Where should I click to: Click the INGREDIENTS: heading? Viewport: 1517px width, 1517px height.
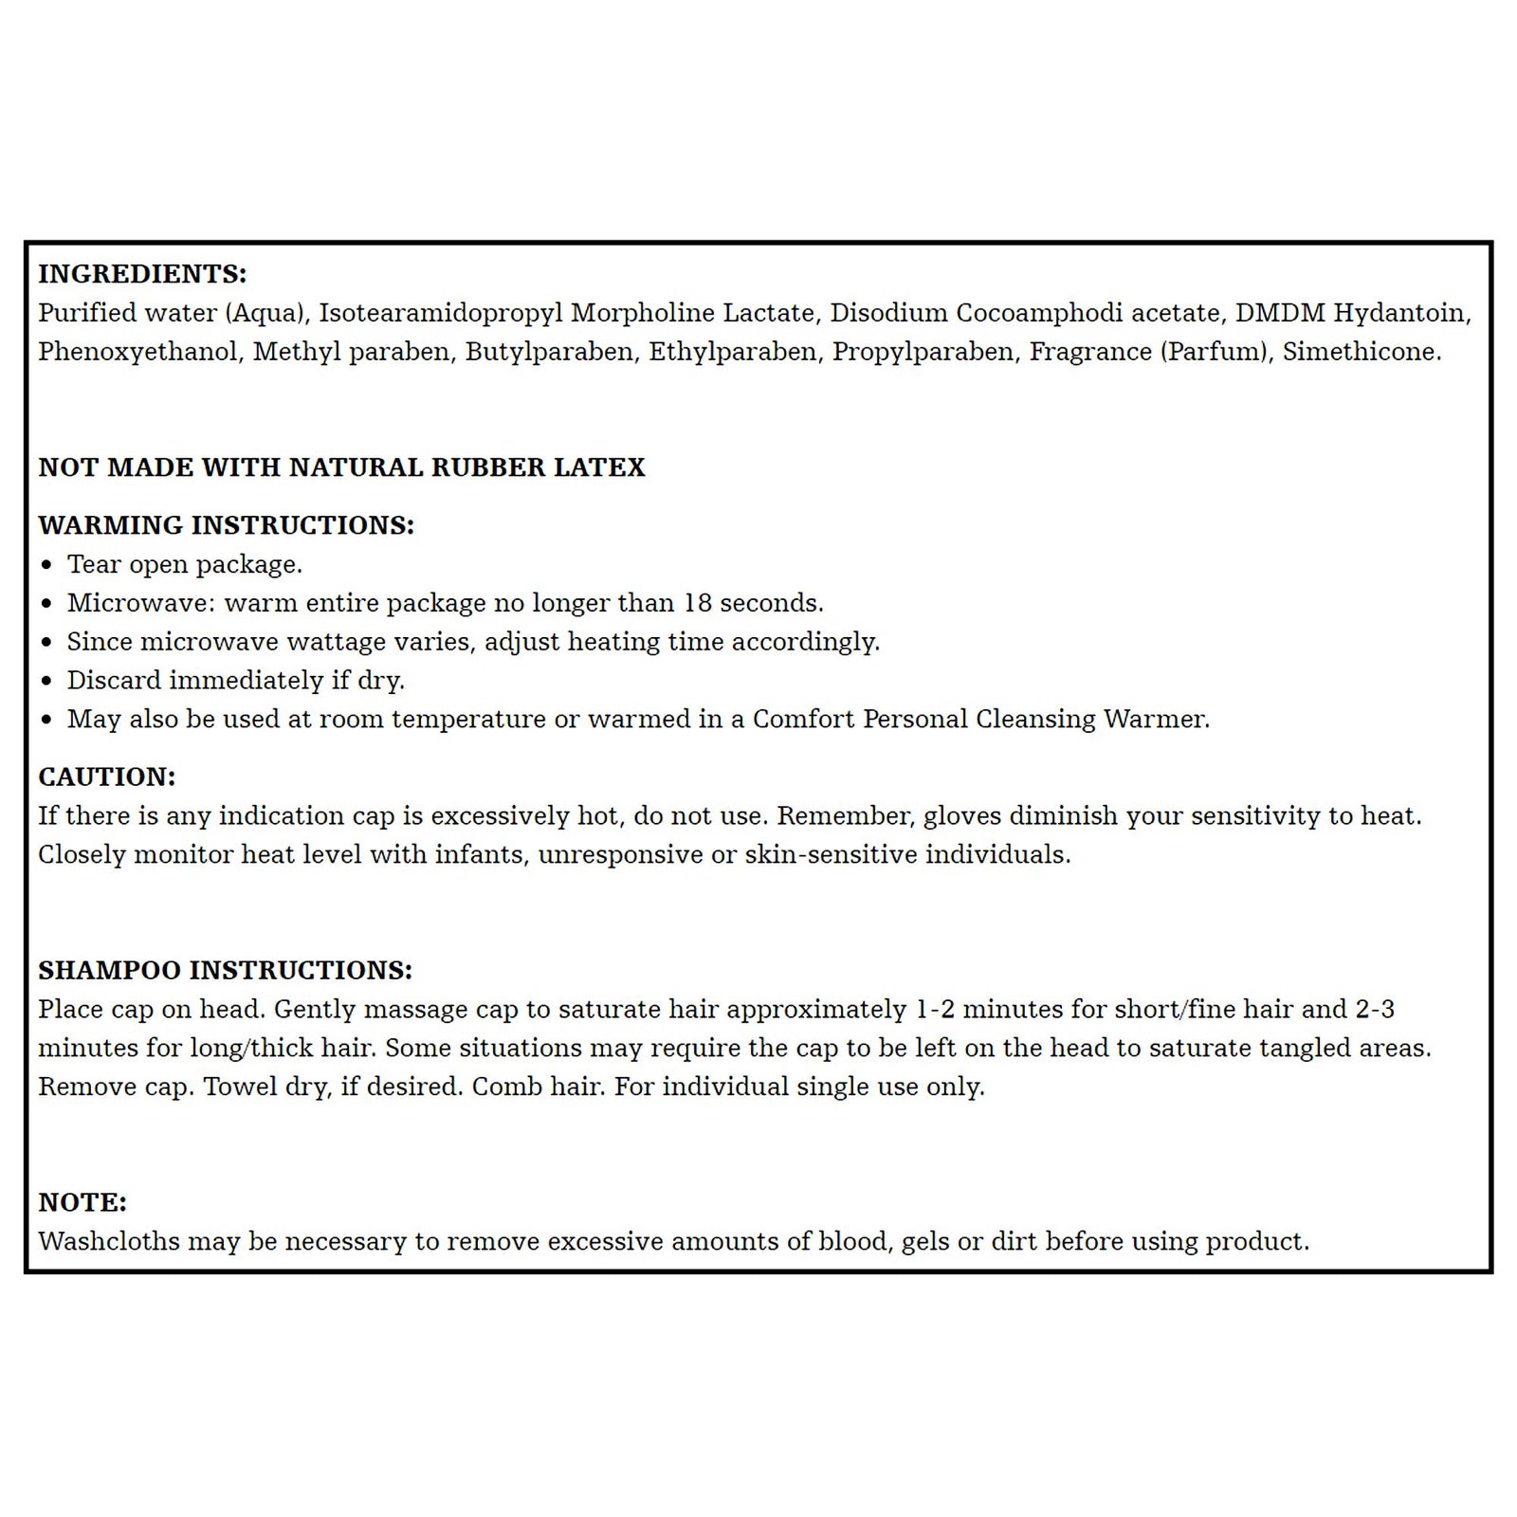coord(142,274)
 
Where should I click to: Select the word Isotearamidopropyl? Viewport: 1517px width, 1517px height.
coord(440,313)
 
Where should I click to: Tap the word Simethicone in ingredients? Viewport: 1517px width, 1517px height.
coord(1361,352)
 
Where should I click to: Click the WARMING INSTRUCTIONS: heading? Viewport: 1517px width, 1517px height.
coord(226,525)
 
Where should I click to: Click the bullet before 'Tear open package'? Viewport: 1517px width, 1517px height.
coord(47,565)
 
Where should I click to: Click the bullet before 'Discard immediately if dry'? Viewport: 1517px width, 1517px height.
coord(47,682)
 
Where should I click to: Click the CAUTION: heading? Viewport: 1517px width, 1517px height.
coord(107,777)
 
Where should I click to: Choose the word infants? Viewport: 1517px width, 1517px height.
coord(478,854)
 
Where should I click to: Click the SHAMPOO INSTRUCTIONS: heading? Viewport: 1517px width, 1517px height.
coord(225,970)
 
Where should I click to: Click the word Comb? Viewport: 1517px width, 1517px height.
coord(503,1087)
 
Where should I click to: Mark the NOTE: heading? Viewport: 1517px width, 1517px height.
coord(82,1202)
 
